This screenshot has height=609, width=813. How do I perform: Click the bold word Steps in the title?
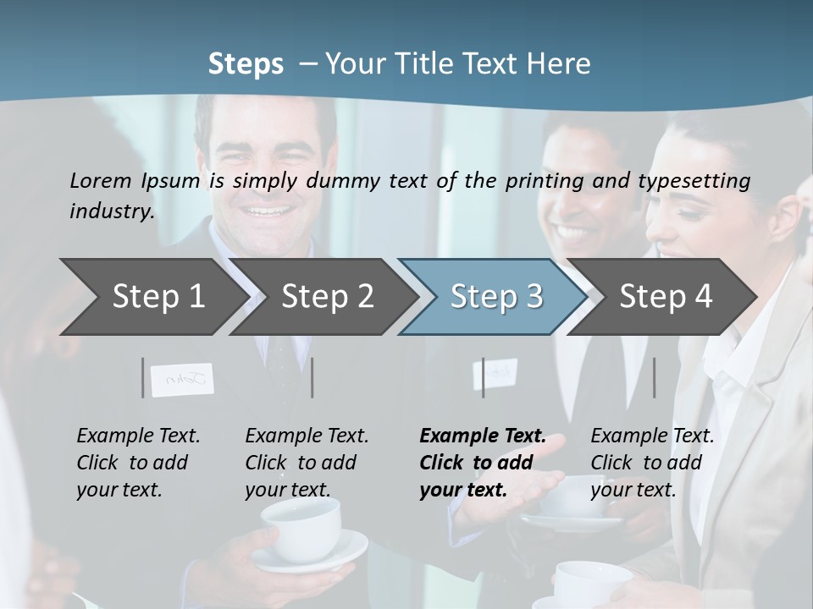point(246,64)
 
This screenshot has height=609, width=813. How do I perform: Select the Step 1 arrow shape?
point(152,297)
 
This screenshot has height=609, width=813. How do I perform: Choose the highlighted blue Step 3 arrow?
point(495,297)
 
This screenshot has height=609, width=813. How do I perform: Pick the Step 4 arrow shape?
point(665,297)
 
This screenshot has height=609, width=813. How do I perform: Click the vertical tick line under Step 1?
point(143,377)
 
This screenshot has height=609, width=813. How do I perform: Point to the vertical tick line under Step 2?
point(312,377)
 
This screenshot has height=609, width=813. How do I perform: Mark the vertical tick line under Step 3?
point(484,377)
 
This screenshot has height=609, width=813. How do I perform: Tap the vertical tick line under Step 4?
point(655,377)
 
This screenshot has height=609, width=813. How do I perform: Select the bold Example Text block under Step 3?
point(483,463)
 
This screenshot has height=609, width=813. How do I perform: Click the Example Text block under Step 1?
point(138,463)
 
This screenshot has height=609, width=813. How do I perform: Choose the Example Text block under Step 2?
point(307,463)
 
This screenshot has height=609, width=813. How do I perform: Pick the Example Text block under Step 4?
point(652,463)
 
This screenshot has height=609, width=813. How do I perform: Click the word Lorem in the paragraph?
point(101,181)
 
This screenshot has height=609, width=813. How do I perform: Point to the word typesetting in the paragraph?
point(700,181)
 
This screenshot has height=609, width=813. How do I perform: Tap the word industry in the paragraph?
point(111,211)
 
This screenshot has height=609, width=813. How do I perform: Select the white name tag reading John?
point(182,380)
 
